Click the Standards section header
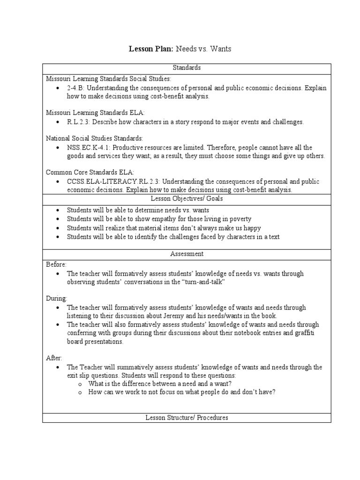[187, 68]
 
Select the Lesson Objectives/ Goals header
[187, 199]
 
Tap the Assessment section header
[187, 254]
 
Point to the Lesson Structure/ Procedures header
[187, 417]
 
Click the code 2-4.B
[75, 88]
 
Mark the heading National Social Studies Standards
[94, 139]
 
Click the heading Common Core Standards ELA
[87, 172]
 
